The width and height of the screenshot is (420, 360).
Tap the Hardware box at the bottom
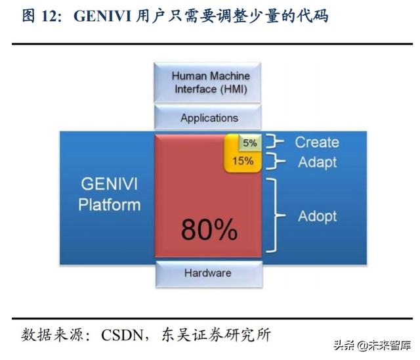coord(207,273)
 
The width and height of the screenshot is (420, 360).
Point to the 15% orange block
coord(243,161)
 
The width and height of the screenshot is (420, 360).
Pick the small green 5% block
coord(249,143)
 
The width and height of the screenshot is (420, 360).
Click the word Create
coord(316,142)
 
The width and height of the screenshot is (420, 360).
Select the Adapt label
coord(317,162)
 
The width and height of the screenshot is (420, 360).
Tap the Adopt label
coord(317,215)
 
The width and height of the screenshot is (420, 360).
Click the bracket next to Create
coord(279,142)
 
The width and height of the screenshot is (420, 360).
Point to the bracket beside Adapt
coord(279,162)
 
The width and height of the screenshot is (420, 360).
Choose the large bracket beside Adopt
coord(278,215)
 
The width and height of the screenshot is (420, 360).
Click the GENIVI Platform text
coord(109,194)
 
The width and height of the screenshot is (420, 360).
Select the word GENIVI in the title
coord(98,16)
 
